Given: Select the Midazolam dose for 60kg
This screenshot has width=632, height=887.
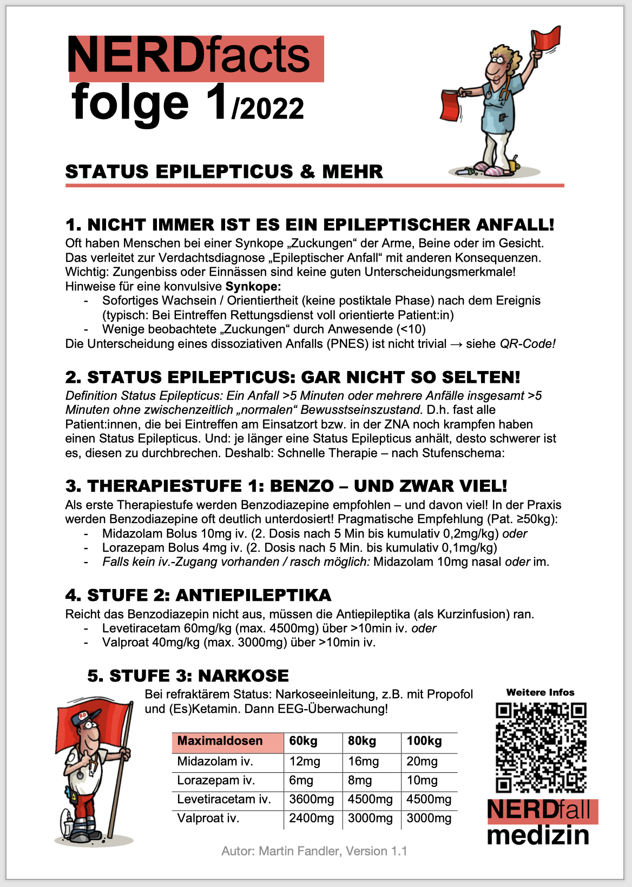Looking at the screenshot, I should (305, 762).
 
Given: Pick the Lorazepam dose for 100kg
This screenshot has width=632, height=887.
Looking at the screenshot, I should (422, 780).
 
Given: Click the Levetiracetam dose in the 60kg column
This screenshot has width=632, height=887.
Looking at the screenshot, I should (311, 799).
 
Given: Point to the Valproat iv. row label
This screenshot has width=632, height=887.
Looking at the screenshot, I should (208, 818).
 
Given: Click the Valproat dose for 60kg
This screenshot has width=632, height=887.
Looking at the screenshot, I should (311, 818).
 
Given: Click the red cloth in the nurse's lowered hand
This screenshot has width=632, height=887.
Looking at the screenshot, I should (450, 105).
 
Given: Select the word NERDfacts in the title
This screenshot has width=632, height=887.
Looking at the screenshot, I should (188, 55).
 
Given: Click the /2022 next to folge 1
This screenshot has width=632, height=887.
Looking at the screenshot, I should (268, 109).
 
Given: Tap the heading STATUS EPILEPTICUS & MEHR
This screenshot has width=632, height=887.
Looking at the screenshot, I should (224, 172).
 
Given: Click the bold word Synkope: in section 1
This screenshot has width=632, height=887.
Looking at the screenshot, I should (253, 286).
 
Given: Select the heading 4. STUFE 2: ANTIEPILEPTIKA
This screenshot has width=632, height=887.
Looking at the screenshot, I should (198, 595).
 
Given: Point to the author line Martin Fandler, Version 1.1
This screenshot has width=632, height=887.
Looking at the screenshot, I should (314, 851).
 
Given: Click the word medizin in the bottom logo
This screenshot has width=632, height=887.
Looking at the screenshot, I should (538, 835).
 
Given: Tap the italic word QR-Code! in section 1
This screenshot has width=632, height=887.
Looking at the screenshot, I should (527, 344).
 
